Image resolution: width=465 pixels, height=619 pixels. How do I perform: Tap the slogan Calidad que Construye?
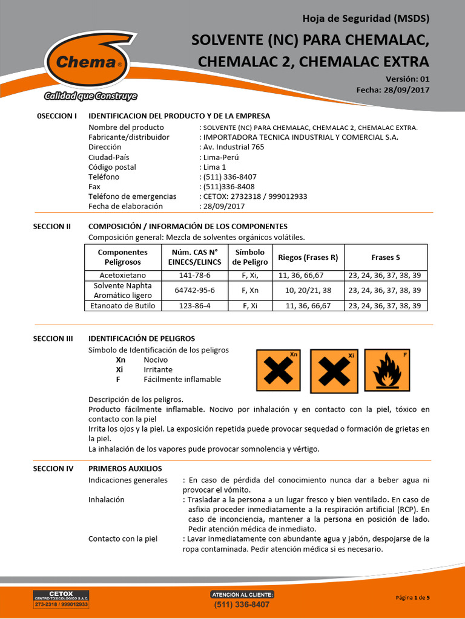91,96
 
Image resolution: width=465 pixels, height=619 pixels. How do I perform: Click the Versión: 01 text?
407,79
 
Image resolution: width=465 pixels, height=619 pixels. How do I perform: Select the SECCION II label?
52,226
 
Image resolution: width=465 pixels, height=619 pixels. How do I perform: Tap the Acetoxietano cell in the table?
123,275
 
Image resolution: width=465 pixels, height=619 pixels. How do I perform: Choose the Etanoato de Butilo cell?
123,306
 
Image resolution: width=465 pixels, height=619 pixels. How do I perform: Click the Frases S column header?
385,258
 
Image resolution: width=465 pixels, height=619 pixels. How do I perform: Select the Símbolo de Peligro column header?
250,258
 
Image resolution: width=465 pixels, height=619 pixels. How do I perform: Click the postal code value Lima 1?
214,167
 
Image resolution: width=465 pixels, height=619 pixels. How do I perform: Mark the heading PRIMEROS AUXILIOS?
125,468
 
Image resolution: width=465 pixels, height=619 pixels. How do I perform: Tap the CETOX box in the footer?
61,599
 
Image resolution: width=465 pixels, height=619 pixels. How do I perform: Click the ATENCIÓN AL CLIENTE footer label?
242,594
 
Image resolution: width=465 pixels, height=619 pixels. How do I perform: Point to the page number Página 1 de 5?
412,598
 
